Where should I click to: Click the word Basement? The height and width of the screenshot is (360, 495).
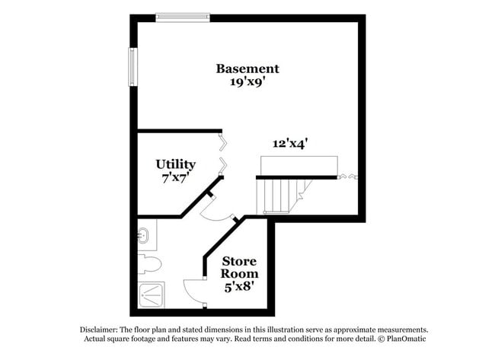pos(247,68)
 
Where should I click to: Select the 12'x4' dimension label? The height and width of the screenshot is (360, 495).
pos(290,142)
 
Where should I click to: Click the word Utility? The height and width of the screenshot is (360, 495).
pos(176,164)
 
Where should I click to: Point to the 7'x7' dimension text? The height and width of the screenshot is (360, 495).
pos(176,177)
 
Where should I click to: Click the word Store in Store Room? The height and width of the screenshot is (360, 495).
pos(238,260)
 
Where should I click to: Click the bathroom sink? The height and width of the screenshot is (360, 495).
pos(145,235)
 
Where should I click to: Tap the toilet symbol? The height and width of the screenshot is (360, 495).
pos(150,266)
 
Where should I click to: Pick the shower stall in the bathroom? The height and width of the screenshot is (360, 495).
pos(151,295)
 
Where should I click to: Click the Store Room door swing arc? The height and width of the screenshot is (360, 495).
pos(193,291)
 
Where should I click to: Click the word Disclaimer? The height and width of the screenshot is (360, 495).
pos(99,330)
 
